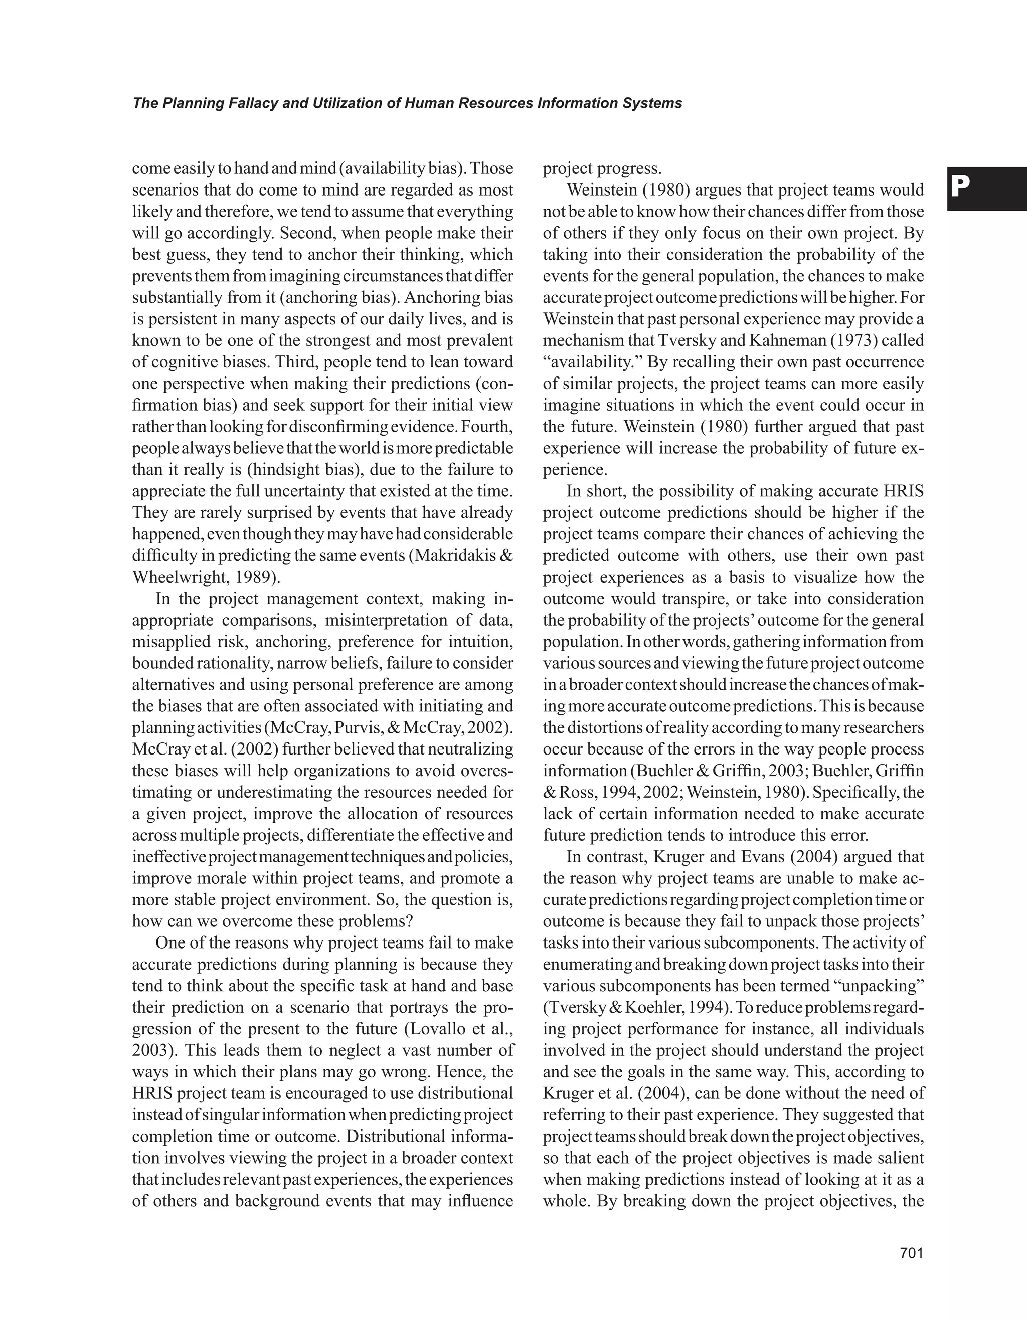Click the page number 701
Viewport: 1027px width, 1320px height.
(912, 1253)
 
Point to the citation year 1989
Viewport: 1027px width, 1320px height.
(254, 577)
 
